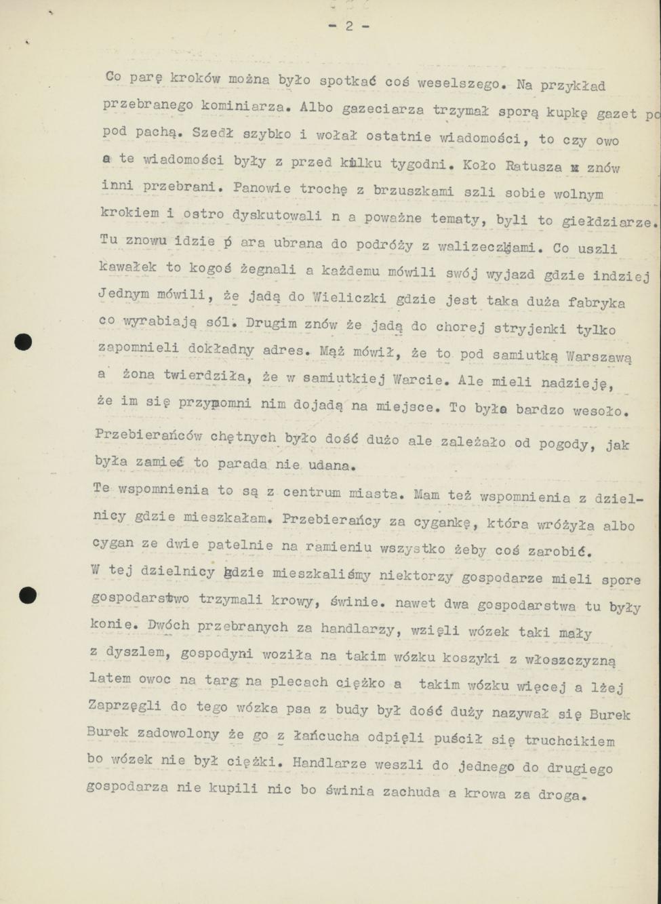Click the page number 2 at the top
coord(348,26)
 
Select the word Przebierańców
coord(148,435)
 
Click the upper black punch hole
coord(23,342)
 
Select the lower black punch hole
coord(27,595)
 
